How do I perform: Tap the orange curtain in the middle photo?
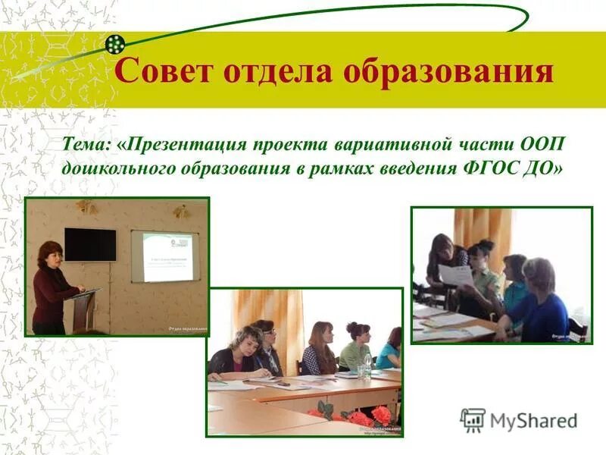(269, 318)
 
